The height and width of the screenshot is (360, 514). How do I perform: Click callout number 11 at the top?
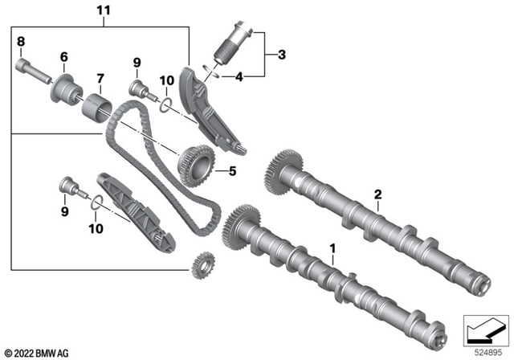tap(103, 11)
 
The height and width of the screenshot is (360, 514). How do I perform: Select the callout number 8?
tap(21, 41)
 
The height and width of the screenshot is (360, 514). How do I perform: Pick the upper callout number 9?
tap(137, 62)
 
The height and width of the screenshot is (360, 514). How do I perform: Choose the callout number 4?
tap(238, 78)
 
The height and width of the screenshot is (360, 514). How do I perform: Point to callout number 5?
tap(232, 170)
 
